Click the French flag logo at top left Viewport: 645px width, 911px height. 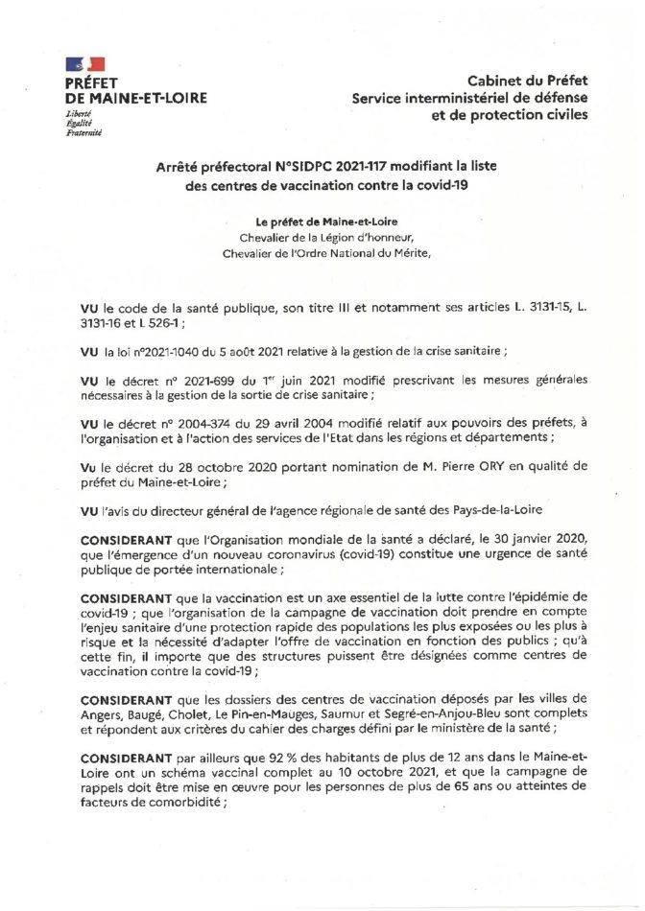point(84,65)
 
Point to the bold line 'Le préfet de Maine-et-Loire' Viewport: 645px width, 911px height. point(322,222)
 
